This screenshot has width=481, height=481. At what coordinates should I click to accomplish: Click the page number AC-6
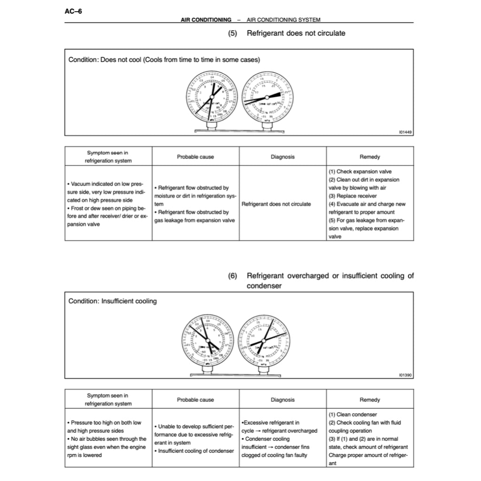pyautogui.click(x=73, y=11)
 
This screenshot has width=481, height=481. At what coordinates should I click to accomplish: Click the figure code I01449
pyautogui.click(x=405, y=132)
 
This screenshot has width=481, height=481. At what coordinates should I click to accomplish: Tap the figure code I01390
pyautogui.click(x=405, y=375)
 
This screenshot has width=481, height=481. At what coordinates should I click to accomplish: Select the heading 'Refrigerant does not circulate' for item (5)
pyautogui.click(x=296, y=33)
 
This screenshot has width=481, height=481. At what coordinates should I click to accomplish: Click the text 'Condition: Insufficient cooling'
pyautogui.click(x=113, y=301)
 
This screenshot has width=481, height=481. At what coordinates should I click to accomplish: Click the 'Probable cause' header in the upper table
pyautogui.click(x=195, y=157)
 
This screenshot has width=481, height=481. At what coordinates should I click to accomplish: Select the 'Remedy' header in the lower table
pyautogui.click(x=370, y=400)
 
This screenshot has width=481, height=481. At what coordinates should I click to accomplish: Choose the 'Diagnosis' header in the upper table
pyautogui.click(x=283, y=157)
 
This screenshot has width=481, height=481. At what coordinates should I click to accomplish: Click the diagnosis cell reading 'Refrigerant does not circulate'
pyautogui.click(x=276, y=204)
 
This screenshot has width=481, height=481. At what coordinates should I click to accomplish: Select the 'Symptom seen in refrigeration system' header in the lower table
pyautogui.click(x=108, y=400)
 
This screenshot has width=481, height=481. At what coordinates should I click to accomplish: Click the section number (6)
pyautogui.click(x=233, y=276)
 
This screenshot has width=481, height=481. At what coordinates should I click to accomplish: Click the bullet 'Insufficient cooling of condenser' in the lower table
pyautogui.click(x=195, y=451)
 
